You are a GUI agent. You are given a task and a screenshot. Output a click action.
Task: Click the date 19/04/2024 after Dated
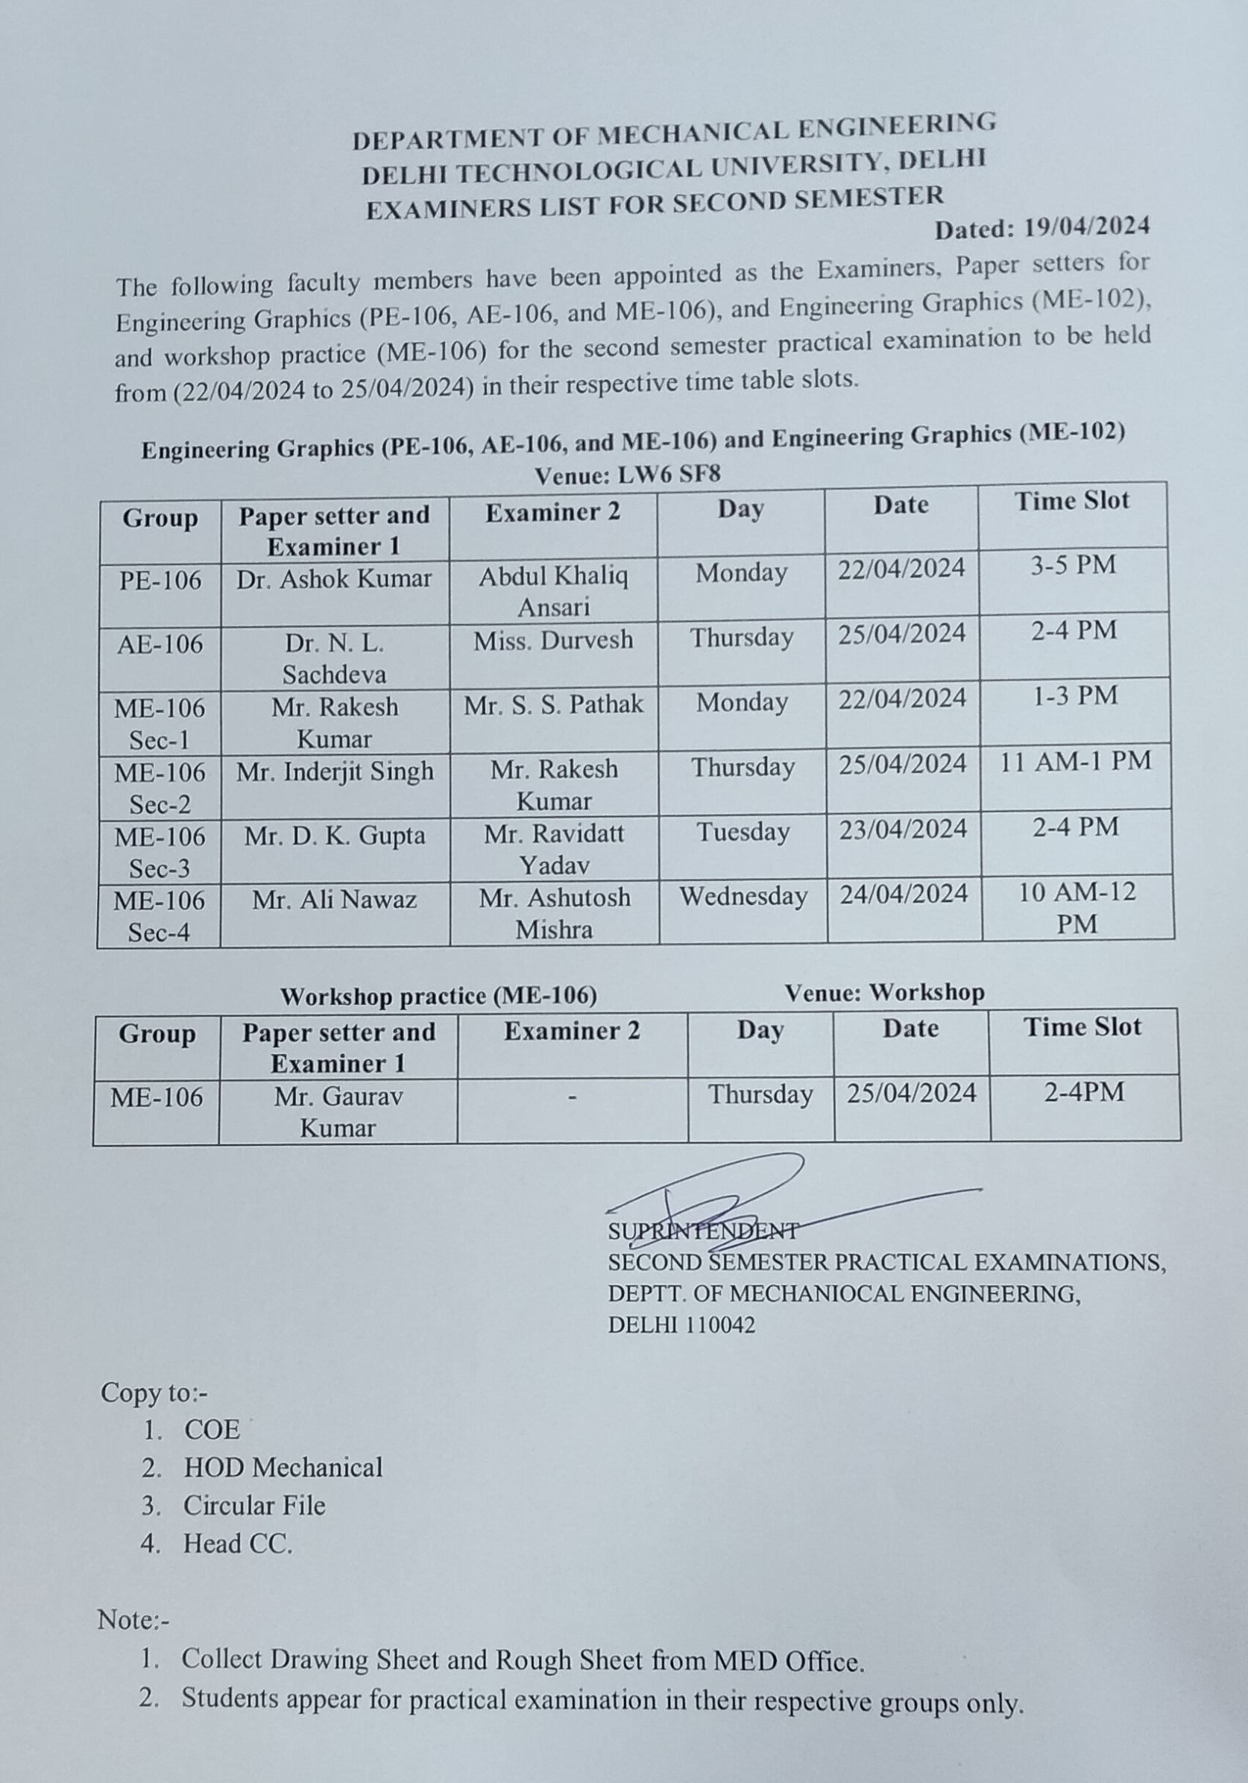tap(1086, 227)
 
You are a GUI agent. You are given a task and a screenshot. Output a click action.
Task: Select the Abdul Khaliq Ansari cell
tap(553, 591)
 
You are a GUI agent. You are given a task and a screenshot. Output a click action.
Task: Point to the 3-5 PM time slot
tap(1074, 565)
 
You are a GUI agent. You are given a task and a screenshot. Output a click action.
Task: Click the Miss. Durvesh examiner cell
tap(553, 640)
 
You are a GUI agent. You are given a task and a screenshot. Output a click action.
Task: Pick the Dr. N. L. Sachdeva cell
tap(334, 658)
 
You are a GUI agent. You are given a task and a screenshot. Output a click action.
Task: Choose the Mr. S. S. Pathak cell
tap(554, 704)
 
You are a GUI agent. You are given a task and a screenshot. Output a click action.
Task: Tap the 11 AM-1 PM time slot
tap(1075, 760)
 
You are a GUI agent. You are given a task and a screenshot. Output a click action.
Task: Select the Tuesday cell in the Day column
tap(743, 833)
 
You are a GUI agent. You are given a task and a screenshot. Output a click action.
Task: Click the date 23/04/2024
tap(903, 830)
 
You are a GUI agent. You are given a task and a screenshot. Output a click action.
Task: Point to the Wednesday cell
tap(743, 897)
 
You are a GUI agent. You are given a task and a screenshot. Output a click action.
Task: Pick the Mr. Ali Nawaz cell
tap(334, 900)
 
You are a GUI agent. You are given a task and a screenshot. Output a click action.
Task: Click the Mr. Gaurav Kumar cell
tap(338, 1112)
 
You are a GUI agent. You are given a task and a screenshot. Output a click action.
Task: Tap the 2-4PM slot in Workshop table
tap(1084, 1094)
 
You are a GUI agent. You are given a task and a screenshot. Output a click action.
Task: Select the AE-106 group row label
tap(160, 645)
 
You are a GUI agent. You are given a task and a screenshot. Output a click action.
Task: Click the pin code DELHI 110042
tap(681, 1325)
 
